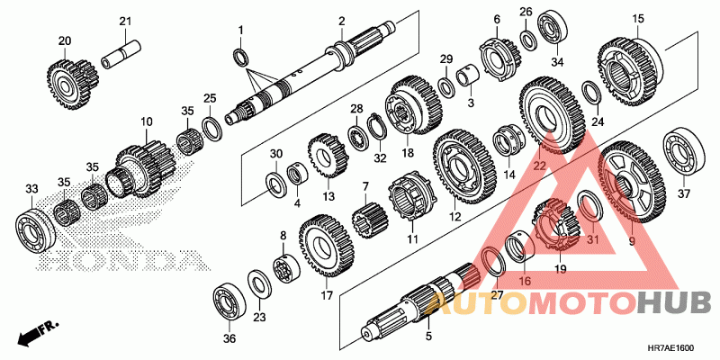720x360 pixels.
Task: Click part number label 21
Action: (x=125, y=21)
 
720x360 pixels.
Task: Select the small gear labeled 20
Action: (x=73, y=79)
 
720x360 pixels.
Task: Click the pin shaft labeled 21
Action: (x=121, y=55)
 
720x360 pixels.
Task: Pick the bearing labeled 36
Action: (x=229, y=306)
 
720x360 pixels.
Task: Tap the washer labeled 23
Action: (x=259, y=283)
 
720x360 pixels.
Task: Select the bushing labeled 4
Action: (x=298, y=176)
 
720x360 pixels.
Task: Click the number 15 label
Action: (x=638, y=19)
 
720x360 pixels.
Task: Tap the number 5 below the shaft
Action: (x=428, y=336)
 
